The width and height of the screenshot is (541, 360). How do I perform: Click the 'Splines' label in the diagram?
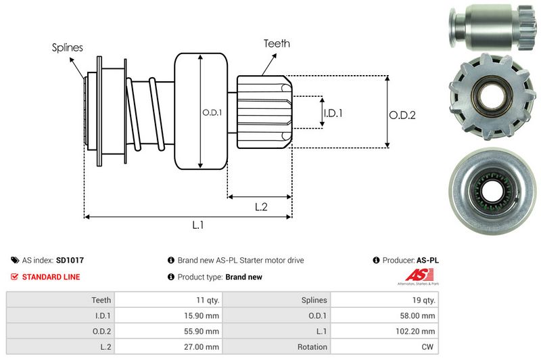67,48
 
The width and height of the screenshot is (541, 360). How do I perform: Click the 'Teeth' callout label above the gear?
277,43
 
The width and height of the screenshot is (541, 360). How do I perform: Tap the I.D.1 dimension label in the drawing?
333,113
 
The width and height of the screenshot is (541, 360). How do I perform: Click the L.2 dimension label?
262,207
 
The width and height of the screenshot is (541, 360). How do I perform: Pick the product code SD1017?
70,260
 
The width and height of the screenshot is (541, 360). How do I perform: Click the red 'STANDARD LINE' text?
51,277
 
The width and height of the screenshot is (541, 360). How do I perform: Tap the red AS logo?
414,275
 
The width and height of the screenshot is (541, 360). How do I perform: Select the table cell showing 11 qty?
204,300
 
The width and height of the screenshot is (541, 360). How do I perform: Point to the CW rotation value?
428,346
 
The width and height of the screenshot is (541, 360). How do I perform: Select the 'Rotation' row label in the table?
312,346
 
